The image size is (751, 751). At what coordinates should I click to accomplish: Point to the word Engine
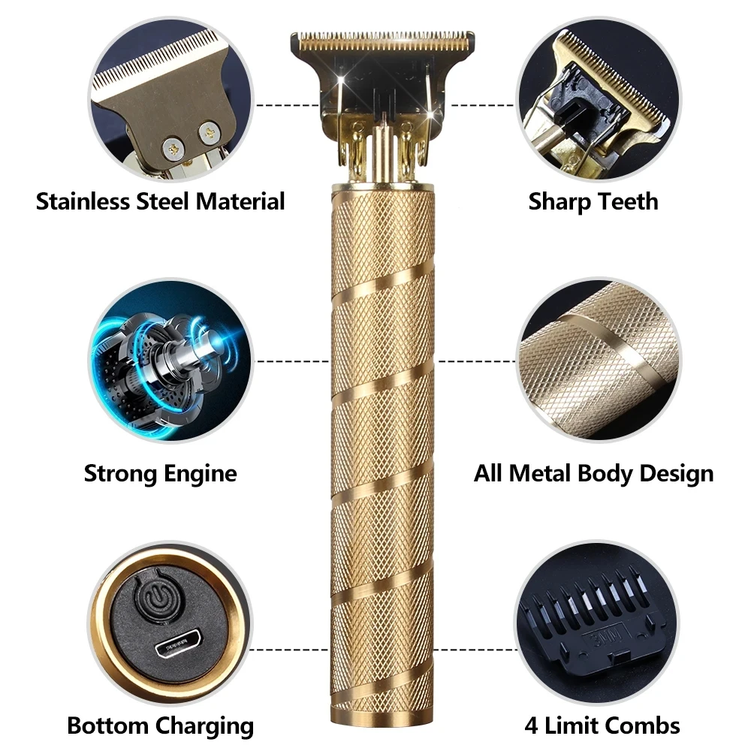coord(201,474)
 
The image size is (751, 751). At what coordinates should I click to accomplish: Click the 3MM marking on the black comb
coord(601,638)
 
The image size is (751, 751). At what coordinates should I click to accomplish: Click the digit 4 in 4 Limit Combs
coord(531,725)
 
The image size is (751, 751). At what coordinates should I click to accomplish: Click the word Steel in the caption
coord(163,201)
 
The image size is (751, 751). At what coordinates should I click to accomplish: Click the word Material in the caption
coord(240,201)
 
